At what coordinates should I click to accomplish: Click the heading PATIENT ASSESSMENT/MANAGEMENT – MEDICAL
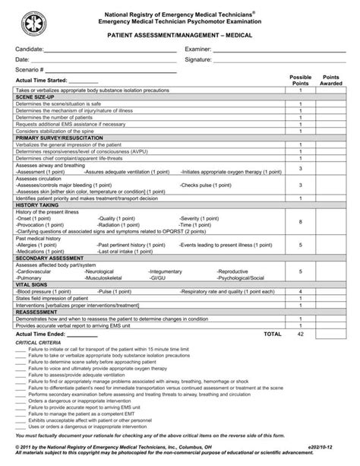coord(180,35)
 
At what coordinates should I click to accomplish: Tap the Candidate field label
coord(30,48)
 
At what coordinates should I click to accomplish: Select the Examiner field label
coord(200,48)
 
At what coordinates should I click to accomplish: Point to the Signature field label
coord(201,59)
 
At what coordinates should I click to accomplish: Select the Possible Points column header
coord(301,81)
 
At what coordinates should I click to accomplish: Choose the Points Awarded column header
coord(331,81)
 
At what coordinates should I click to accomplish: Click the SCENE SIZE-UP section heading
coord(34,97)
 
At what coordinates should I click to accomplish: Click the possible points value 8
coord(301,221)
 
